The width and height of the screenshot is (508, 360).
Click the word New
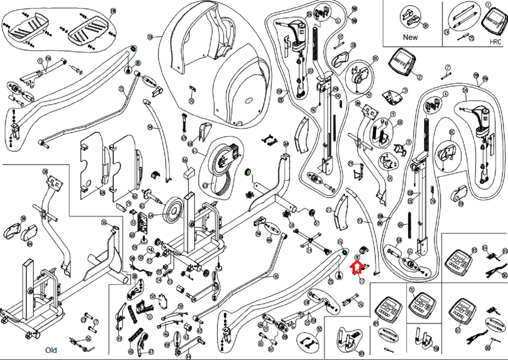click(410, 37)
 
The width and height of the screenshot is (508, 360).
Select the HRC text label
click(495, 42)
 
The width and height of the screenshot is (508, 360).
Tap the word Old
click(51, 350)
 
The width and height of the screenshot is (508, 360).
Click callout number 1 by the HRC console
click(488, 5)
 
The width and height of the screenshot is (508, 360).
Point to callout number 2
click(420, 77)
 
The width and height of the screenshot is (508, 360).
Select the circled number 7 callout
click(448, 68)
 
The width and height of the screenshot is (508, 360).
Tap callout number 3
click(405, 90)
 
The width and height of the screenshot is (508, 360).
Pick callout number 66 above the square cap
click(185, 160)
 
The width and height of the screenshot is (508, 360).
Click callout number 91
click(412, 290)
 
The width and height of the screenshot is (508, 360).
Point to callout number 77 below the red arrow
click(362, 281)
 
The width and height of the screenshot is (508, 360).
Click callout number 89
click(376, 323)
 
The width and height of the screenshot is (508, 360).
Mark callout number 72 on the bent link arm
click(122, 89)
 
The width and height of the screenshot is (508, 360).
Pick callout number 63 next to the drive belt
click(205, 186)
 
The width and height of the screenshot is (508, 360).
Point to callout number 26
click(340, 242)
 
